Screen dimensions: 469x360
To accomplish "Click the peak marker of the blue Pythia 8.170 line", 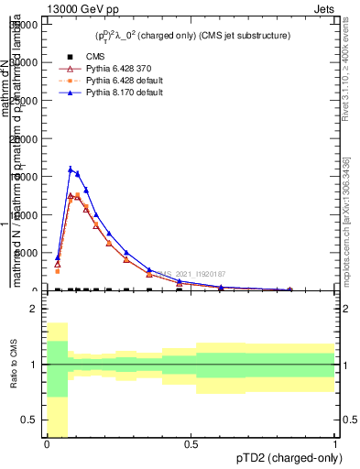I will (71, 169).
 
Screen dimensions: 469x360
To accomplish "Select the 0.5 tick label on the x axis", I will (191, 444).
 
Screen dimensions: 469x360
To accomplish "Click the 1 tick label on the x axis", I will (335, 444).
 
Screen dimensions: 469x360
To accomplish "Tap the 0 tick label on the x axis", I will (47, 444).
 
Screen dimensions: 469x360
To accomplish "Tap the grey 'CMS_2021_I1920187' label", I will (191, 274).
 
